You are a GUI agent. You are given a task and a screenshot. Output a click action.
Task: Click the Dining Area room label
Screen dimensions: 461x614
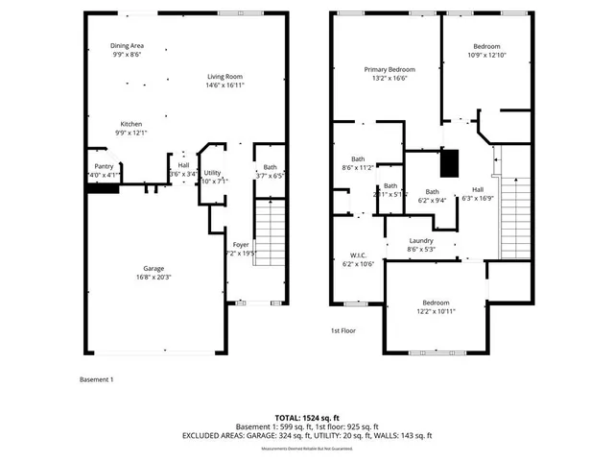click(127, 45)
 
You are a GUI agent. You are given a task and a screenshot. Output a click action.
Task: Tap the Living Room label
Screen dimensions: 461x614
click(224, 76)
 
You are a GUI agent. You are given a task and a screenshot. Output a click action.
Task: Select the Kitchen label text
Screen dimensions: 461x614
click(130, 123)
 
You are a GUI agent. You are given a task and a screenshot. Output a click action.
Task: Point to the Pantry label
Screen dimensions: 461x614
click(103, 165)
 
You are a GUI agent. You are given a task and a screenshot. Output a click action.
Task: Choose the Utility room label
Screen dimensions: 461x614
click(212, 172)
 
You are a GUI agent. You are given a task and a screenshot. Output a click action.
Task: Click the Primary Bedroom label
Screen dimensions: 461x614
click(389, 70)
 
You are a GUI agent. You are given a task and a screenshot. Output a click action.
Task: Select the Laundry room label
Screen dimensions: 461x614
click(421, 240)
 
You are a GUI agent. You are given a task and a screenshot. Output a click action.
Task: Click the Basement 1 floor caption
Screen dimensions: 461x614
click(96, 379)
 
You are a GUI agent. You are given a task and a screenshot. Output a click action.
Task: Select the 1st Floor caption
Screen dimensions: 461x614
click(343, 331)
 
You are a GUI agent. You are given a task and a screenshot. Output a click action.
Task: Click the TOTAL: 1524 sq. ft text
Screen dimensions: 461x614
click(307, 417)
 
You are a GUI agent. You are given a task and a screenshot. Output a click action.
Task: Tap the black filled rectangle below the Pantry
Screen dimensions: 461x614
click(102, 188)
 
